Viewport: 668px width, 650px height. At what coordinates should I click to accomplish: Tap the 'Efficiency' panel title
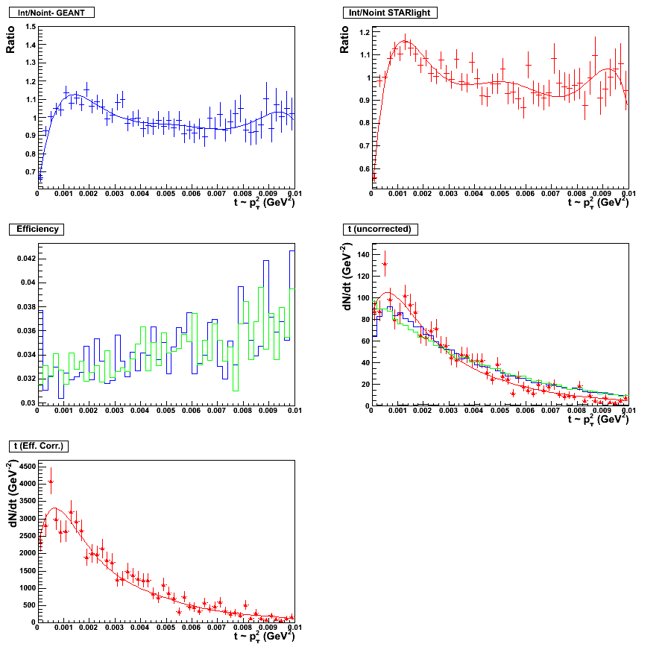tap(38, 229)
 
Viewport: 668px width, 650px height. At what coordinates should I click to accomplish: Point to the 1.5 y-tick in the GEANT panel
tap(30, 27)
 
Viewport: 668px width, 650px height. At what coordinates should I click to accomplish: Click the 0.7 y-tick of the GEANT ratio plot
tap(30, 171)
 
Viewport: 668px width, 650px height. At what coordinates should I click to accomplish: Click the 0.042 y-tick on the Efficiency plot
tap(25, 259)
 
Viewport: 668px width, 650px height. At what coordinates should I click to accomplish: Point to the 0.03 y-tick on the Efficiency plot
tap(27, 403)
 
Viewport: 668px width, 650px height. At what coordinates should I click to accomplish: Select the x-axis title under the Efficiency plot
tap(264, 420)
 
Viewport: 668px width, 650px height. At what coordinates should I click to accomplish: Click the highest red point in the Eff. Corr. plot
tap(51, 482)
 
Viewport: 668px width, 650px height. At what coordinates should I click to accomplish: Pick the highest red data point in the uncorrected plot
tap(385, 264)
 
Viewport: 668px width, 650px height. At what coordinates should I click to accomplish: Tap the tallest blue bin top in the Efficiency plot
tap(292, 251)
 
